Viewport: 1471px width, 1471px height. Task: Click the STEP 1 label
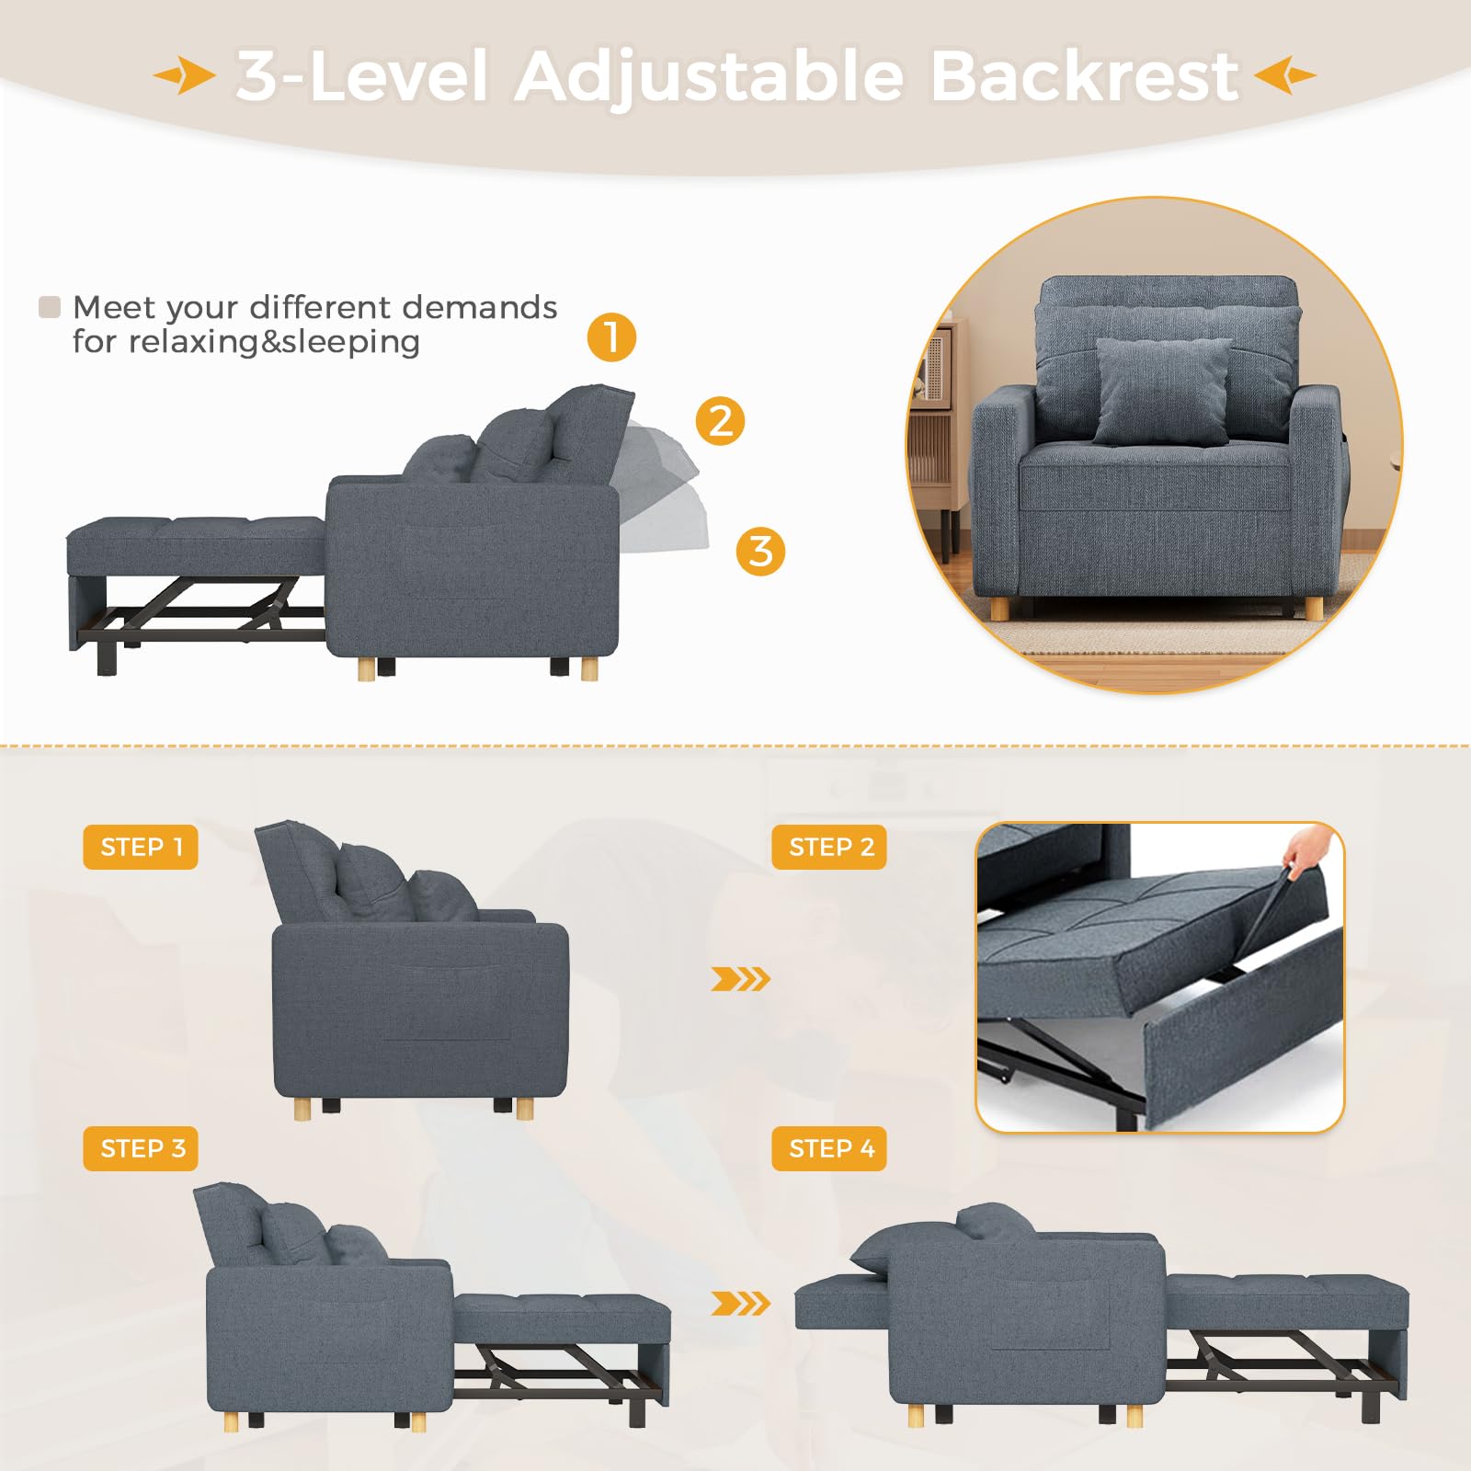[x=141, y=847]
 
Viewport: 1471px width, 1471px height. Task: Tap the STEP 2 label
[x=829, y=847]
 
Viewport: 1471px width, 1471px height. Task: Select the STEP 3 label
[x=141, y=1148]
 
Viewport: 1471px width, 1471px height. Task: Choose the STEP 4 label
[x=829, y=1148]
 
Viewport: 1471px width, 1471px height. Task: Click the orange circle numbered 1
[x=612, y=336]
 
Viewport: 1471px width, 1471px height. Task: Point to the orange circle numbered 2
[x=720, y=421]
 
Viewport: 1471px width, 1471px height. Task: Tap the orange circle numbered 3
[x=760, y=552]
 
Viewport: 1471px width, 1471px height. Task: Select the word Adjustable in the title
[x=709, y=77]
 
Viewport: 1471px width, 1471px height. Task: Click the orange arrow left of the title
[x=185, y=75]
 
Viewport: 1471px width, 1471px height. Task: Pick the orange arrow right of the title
[x=1284, y=75]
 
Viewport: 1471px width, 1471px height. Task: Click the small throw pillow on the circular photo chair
[x=1162, y=389]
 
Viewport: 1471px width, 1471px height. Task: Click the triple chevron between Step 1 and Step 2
[x=740, y=979]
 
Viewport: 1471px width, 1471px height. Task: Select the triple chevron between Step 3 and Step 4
[x=740, y=1303]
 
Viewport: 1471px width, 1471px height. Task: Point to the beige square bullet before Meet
[x=50, y=307]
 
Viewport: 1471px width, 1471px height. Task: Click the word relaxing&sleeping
[x=274, y=342]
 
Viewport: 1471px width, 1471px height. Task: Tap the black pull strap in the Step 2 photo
[x=1273, y=910]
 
